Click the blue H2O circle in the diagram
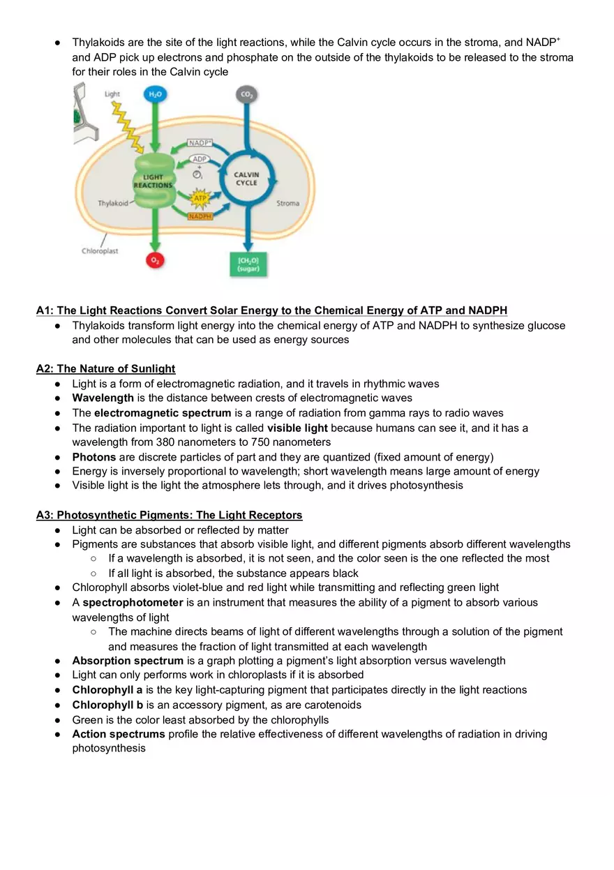point(153,95)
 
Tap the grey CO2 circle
point(246,94)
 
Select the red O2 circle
point(153,260)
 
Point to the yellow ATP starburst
point(200,200)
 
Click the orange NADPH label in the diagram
point(200,216)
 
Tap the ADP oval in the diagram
point(200,158)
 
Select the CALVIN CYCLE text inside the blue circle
point(246,179)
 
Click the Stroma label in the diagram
point(287,204)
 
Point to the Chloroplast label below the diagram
point(100,251)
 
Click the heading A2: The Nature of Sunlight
point(105,368)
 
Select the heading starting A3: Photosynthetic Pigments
point(169,515)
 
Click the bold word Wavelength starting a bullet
point(103,398)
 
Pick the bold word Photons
point(94,457)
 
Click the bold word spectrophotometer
point(133,602)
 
